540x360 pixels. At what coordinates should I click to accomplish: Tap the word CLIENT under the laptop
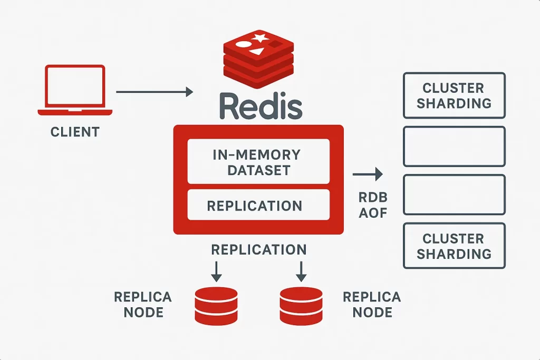[x=75, y=132]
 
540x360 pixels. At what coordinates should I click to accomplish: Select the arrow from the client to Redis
[x=155, y=92]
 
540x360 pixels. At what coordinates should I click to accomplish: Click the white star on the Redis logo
[x=260, y=37]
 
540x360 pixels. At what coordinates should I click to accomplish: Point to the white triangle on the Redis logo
[x=257, y=52]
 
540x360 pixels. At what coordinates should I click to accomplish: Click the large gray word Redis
[x=261, y=105]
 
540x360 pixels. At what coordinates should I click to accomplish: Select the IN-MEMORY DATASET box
[x=258, y=161]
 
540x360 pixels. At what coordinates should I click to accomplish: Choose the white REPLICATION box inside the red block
[x=258, y=205]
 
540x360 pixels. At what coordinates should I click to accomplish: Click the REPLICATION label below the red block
[x=259, y=250]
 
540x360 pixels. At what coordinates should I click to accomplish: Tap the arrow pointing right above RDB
[x=368, y=174]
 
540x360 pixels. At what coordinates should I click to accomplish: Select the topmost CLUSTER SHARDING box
[x=454, y=95]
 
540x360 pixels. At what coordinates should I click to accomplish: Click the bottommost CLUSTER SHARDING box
[x=454, y=246]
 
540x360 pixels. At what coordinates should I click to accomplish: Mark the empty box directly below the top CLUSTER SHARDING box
[x=454, y=128]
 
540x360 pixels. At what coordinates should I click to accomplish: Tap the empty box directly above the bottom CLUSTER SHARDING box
[x=454, y=176]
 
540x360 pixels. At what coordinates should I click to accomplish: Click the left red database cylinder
[x=216, y=306]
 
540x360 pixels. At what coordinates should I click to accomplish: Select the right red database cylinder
[x=301, y=306]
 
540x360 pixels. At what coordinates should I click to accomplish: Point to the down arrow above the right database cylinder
[x=301, y=271]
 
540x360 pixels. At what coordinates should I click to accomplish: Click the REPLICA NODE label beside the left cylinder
[x=143, y=305]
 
